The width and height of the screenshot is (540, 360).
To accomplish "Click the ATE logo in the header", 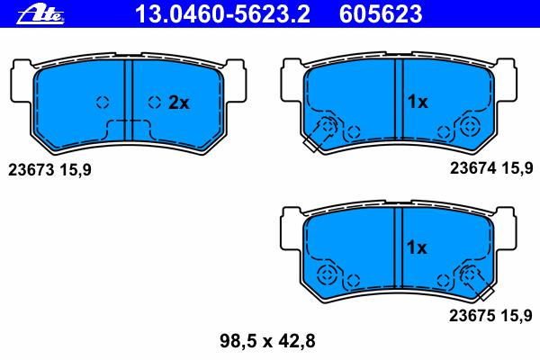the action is point(40,15).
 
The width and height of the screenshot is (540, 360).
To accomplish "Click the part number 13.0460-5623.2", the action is point(223,14).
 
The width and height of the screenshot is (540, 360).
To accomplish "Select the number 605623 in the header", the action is point(381,14).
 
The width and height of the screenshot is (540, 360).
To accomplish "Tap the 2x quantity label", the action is point(179,103).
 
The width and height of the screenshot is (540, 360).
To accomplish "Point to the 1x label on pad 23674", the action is point(418,102).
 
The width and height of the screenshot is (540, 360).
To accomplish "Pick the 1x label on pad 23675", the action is point(417,247).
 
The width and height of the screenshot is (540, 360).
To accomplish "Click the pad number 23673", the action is point(31,170).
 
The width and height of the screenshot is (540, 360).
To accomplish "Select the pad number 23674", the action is point(473,168).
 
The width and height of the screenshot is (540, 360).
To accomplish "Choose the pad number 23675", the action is point(472,315).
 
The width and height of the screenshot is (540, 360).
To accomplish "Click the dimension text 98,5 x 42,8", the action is point(267,341).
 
